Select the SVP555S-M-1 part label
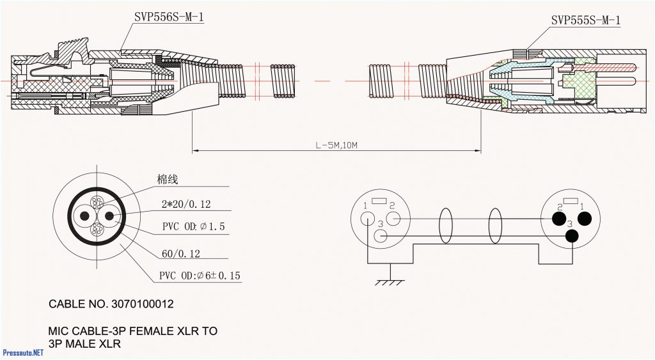585,21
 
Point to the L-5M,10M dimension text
336,145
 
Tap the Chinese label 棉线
168,180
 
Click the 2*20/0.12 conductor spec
186,205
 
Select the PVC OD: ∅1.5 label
193,227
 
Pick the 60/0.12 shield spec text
180,254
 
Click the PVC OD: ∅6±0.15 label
200,276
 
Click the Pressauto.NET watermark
23,352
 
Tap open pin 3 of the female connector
381,236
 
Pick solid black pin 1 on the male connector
583,219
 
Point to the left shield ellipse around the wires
446,227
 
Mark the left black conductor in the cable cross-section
84,216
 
